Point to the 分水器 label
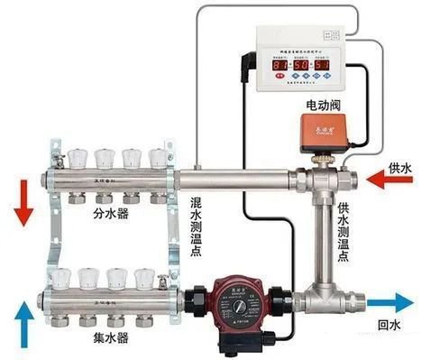point(113,216)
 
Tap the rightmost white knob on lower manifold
point(144,277)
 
